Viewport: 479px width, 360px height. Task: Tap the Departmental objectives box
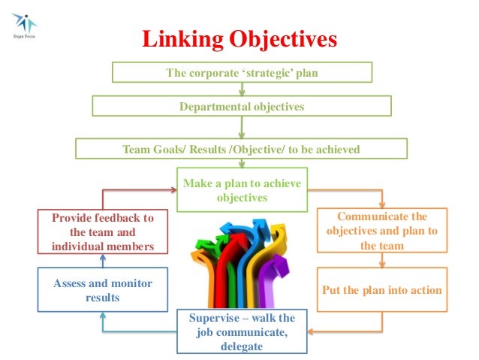pos(241,107)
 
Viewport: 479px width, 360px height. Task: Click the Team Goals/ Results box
pos(241,150)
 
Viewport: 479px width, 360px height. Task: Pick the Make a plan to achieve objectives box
pos(241,190)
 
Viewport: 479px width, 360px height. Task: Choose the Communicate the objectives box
pos(381,231)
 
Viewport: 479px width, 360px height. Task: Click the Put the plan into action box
pos(381,290)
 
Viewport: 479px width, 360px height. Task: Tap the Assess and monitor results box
pos(103,290)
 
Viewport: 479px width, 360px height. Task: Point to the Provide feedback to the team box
pos(102,231)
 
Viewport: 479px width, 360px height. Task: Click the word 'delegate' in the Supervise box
pos(242,346)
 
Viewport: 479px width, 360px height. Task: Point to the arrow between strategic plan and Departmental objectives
pos(241,89)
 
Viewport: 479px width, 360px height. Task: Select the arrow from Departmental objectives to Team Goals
pos(241,128)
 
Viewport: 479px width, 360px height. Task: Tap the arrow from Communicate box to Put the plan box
pos(382,260)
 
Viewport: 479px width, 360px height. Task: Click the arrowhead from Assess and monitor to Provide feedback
pos(103,259)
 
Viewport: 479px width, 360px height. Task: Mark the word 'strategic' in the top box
pos(255,73)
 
